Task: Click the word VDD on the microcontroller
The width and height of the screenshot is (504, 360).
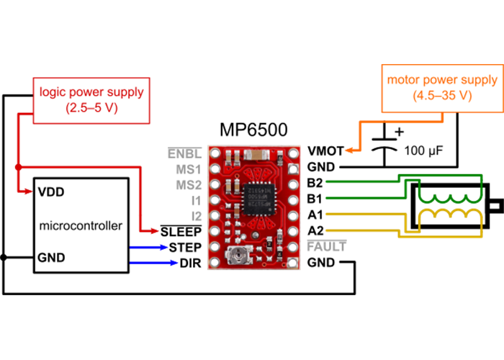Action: tap(50, 192)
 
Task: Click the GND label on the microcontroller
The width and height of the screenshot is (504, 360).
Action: tap(50, 256)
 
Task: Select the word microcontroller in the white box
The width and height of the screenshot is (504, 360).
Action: tap(81, 225)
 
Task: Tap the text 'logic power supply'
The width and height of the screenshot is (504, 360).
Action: tap(91, 92)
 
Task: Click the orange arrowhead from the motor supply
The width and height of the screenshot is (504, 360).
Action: tap(348, 150)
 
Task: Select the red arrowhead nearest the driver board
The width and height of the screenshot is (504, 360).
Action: tap(154, 231)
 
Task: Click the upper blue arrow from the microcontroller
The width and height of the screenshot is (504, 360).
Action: tap(174, 248)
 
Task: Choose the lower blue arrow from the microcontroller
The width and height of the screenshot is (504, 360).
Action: tap(174, 263)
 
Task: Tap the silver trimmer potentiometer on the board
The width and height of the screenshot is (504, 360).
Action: tap(236, 253)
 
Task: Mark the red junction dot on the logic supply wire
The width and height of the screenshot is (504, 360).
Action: tap(17, 167)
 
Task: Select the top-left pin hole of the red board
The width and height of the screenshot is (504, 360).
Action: tap(215, 153)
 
